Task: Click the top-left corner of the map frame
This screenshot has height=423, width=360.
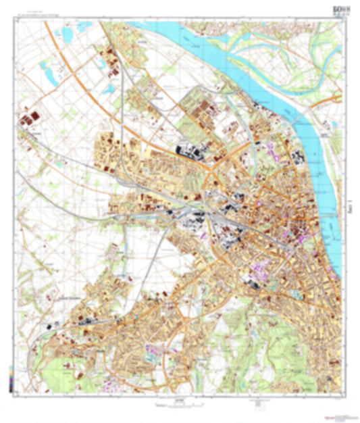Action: coord(16,21)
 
